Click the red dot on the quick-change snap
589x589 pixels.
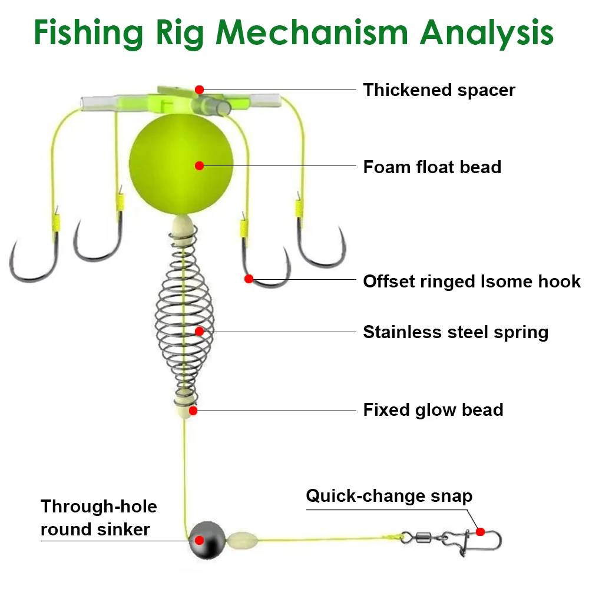click(480, 532)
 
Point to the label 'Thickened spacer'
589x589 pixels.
click(439, 90)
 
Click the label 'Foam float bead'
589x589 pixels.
click(432, 167)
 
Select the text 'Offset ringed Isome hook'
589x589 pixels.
click(471, 281)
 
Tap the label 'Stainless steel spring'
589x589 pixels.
click(455, 332)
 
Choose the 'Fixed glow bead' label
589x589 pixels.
click(433, 409)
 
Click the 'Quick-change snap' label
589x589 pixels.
click(389, 496)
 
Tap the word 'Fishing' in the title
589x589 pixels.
click(88, 34)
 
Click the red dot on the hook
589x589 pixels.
click(249, 279)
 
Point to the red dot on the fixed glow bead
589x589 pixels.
click(193, 411)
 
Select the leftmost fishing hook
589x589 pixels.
click(29, 259)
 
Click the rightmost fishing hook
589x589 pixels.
click(321, 247)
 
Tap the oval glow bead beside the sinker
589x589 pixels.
click(240, 538)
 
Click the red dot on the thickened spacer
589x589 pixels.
click(200, 90)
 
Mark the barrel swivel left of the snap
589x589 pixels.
click(423, 537)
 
